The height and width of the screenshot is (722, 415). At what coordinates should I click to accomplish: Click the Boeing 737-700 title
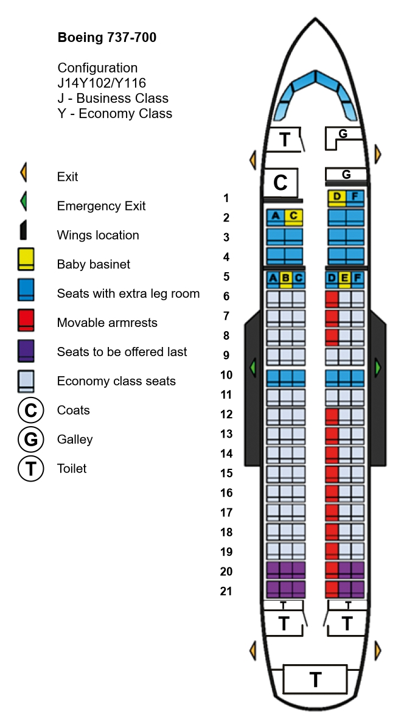[106, 37]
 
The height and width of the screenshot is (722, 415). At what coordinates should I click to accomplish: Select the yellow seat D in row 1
[337, 198]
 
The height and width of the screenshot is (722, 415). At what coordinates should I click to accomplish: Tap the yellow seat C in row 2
[293, 217]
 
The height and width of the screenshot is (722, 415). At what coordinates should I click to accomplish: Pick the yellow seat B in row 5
[286, 279]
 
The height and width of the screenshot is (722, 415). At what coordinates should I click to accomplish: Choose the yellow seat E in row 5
[344, 279]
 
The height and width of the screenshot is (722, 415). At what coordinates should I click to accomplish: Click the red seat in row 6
[332, 299]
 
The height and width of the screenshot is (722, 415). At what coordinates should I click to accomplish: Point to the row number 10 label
[226, 375]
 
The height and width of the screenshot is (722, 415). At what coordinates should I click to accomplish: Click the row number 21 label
[226, 591]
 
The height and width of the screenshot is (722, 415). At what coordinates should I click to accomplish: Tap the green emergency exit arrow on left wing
[252, 368]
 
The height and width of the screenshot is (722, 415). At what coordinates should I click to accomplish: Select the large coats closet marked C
[280, 183]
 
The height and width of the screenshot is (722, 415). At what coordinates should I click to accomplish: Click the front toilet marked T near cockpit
[285, 139]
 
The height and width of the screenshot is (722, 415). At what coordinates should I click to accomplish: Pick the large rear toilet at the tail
[315, 679]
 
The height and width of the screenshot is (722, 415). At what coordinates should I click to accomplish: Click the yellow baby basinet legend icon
[26, 259]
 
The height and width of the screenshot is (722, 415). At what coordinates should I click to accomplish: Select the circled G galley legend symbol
[31, 440]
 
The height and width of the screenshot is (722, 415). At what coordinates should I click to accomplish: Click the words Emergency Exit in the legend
[101, 206]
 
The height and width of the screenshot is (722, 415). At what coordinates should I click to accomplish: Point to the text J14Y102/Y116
[102, 83]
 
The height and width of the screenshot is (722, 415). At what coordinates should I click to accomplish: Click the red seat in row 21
[332, 589]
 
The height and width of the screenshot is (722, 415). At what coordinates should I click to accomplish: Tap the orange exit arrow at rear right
[378, 651]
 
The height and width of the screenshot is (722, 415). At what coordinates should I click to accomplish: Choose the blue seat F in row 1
[355, 198]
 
